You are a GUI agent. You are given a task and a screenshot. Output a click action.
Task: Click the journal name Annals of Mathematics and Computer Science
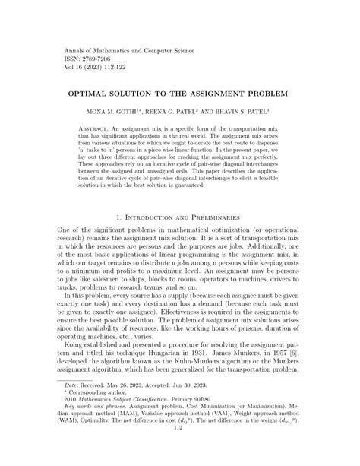click(121, 46)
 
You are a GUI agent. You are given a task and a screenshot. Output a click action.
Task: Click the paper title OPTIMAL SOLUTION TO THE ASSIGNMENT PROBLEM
click(179, 97)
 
